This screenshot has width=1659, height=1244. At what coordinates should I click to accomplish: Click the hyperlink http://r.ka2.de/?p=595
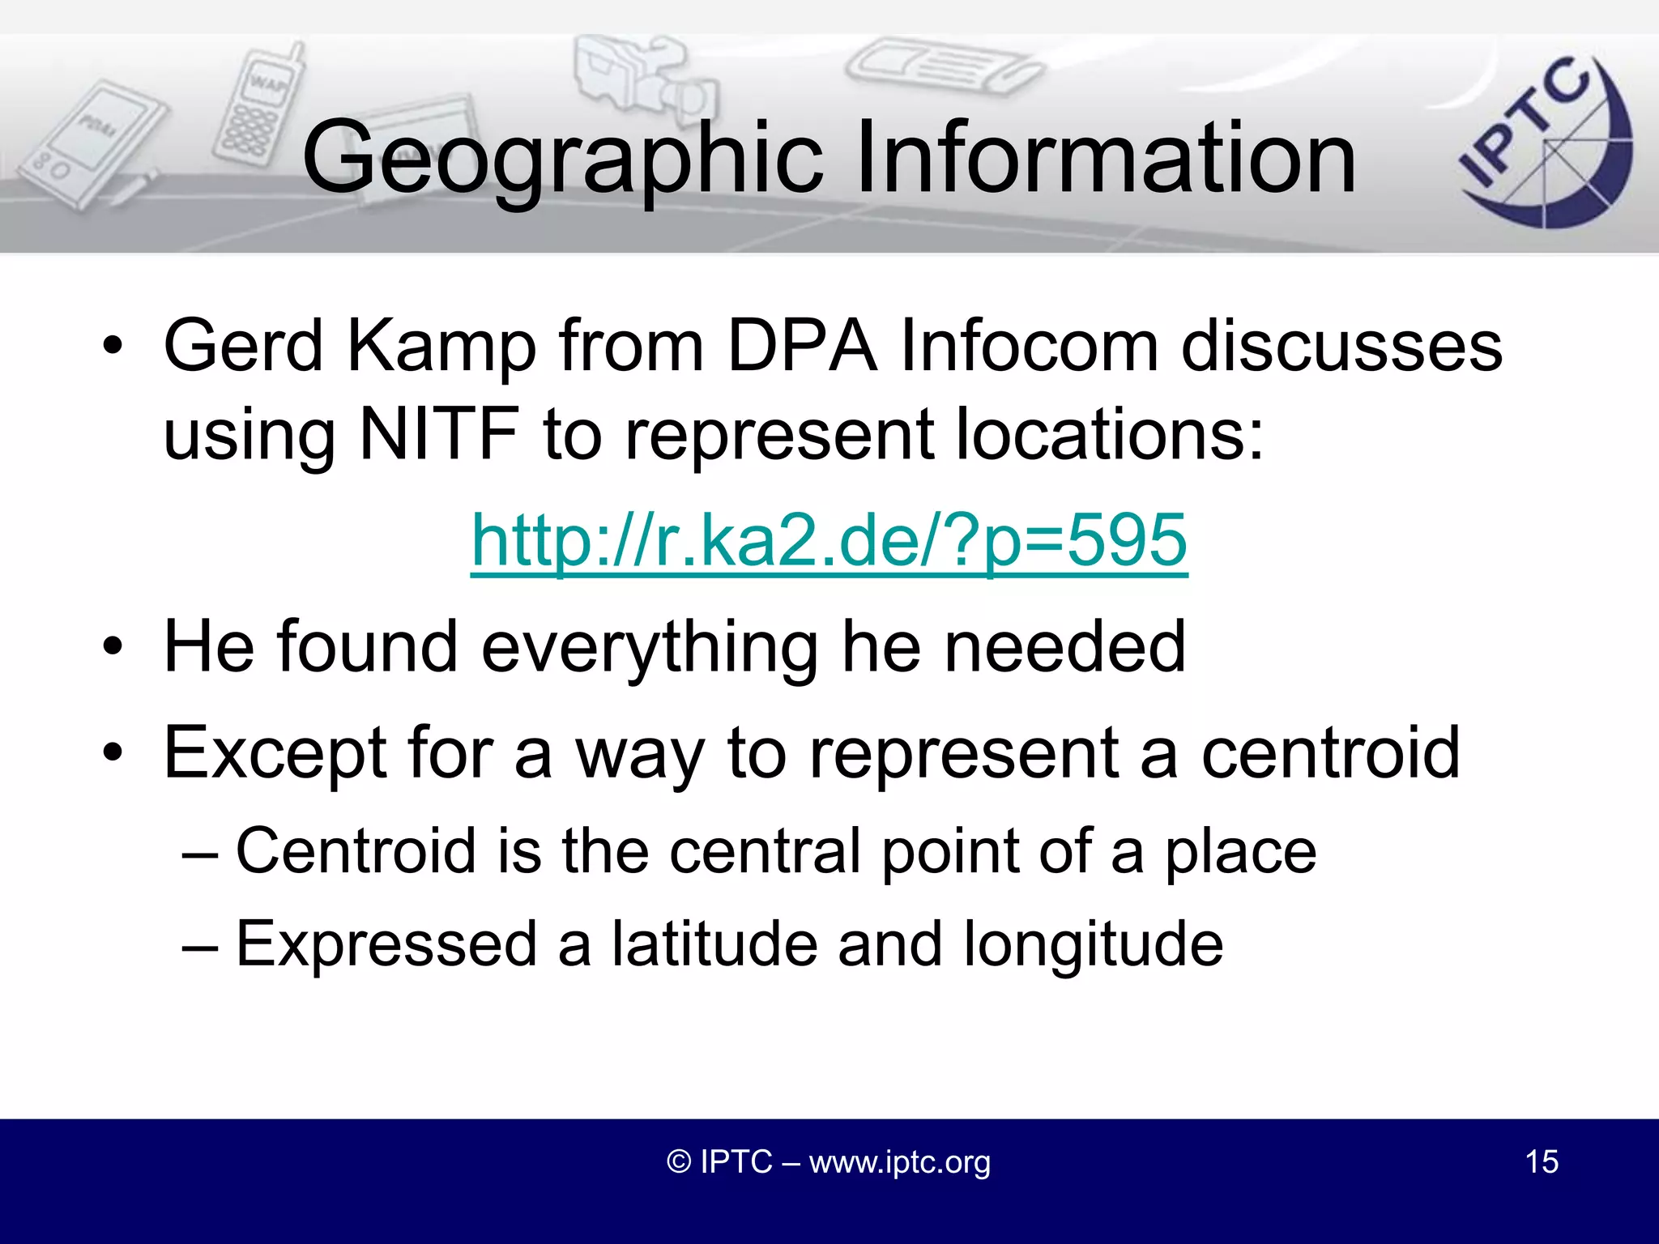tap(829, 540)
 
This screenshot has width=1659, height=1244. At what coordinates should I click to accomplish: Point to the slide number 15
tap(1542, 1161)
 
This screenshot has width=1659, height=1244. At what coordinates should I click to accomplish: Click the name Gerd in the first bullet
tap(243, 347)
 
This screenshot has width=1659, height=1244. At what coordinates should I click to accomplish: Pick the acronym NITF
tap(438, 434)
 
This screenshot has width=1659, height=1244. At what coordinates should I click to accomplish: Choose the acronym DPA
tap(802, 347)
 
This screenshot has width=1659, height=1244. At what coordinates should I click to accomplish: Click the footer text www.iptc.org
tap(899, 1162)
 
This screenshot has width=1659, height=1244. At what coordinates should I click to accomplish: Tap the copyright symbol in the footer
tap(679, 1162)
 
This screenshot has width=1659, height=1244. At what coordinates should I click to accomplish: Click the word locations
tap(1109, 434)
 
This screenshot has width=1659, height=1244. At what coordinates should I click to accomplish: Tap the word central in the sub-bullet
tap(766, 852)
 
